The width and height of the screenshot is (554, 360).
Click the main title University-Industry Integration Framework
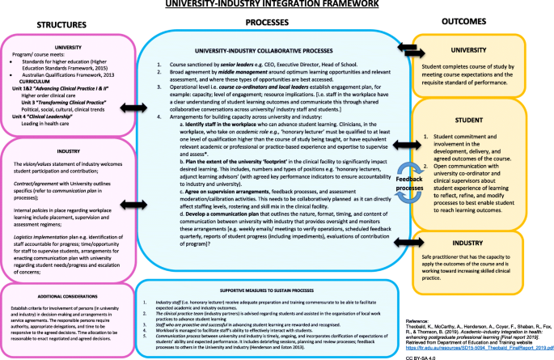tap(277, 6)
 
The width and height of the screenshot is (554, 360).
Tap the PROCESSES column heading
tap(270, 24)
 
